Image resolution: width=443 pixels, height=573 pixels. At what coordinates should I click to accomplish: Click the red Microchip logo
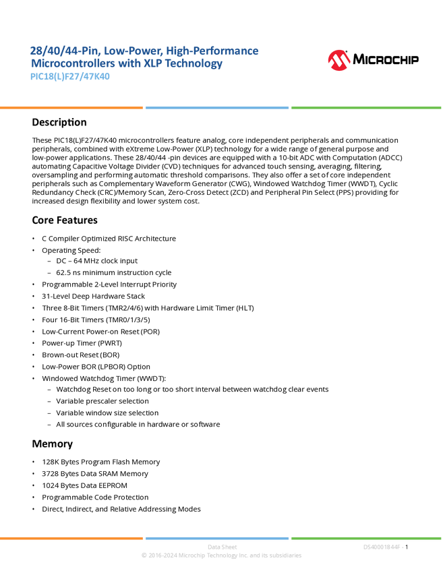pos(338,61)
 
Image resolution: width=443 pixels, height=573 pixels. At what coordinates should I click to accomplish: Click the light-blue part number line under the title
pos(70,77)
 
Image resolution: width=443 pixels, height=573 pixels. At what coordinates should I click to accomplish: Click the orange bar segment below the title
pos(71,108)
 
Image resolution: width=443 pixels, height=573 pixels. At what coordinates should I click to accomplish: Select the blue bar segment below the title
pos(217,108)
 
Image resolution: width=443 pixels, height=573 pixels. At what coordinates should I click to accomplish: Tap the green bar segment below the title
pos(366,108)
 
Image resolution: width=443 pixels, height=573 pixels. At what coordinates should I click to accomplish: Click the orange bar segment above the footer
pos(71,538)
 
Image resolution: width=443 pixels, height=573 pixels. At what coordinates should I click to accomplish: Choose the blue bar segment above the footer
pos(217,538)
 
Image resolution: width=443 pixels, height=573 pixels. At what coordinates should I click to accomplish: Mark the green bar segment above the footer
pos(366,538)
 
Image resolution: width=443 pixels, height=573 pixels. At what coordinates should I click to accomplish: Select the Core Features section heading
pos(65,222)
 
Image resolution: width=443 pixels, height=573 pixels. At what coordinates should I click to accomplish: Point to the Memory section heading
pos(53,446)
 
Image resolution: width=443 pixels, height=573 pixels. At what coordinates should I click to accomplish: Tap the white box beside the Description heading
pos(16,123)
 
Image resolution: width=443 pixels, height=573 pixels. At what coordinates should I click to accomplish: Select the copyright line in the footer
pos(221,556)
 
